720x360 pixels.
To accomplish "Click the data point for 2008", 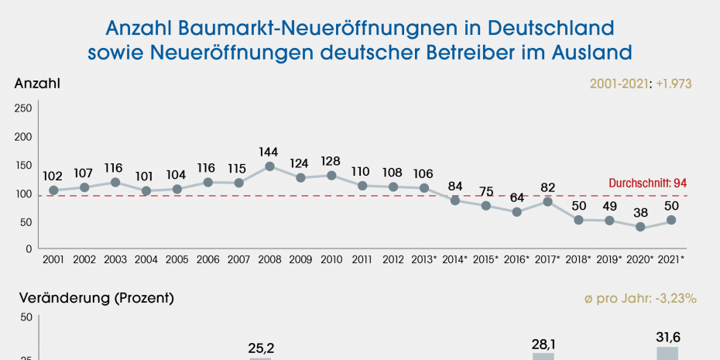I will click(x=269, y=166).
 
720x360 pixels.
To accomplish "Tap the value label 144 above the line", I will click(x=269, y=150).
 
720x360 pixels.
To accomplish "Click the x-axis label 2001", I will click(x=53, y=259).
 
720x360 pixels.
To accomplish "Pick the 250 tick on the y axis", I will click(x=23, y=108).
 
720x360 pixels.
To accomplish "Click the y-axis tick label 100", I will click(x=23, y=194).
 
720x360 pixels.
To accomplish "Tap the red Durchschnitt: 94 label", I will click(x=649, y=183).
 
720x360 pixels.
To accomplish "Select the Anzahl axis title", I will click(x=37, y=83).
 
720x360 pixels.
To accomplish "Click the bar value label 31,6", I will click(x=667, y=338).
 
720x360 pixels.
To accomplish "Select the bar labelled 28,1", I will click(x=543, y=356).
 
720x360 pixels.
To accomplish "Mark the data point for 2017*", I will click(x=547, y=202).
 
